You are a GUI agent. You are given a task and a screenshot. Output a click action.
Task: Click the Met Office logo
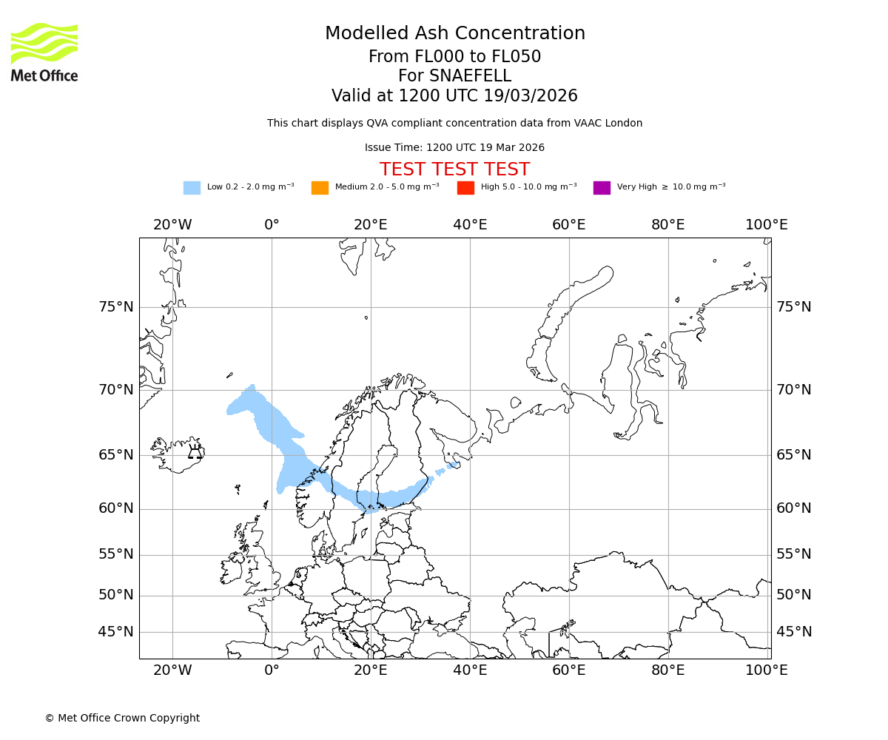(x=44, y=52)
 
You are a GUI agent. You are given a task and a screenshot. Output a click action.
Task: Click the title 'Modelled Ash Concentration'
(x=454, y=34)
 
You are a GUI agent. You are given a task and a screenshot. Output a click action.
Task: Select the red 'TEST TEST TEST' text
(x=454, y=169)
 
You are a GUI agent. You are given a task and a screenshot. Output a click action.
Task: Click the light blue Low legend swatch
(x=192, y=188)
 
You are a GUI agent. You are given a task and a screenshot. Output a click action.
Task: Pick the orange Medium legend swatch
(x=320, y=188)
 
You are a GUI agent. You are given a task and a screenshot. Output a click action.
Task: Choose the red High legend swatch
(x=465, y=188)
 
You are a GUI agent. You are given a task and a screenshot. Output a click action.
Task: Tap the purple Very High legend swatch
(x=602, y=188)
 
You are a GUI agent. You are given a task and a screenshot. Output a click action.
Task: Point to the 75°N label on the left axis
(x=116, y=307)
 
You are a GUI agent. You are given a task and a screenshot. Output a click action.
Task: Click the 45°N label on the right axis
(x=794, y=632)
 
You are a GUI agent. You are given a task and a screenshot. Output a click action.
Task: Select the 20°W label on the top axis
(x=172, y=225)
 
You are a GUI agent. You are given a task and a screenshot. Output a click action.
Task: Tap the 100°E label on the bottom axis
(x=766, y=670)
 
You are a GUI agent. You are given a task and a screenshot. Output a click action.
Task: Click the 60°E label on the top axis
(x=568, y=225)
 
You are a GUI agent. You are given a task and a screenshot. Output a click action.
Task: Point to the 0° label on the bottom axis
(x=272, y=670)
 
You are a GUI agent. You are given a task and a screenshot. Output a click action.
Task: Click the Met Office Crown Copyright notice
(x=122, y=718)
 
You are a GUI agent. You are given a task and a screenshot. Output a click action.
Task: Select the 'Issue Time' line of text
(x=454, y=148)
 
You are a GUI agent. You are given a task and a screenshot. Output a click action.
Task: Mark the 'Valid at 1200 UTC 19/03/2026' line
(x=454, y=96)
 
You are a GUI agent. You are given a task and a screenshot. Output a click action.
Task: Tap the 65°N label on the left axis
(x=116, y=455)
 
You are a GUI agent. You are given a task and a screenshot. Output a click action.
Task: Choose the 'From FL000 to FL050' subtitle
(x=454, y=57)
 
